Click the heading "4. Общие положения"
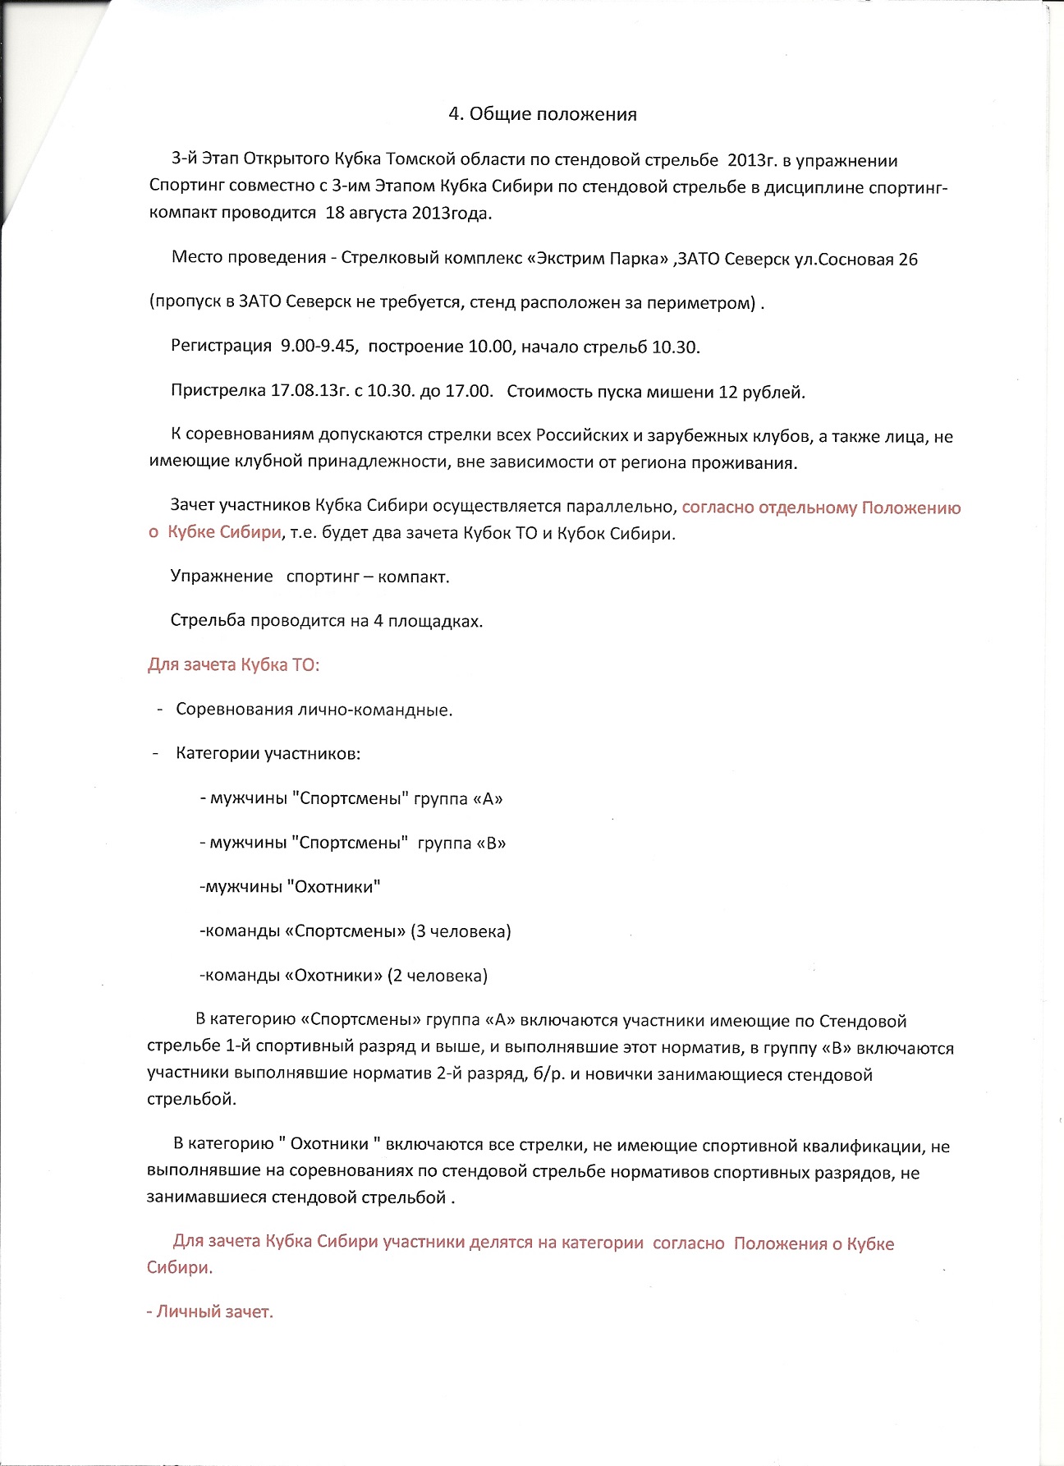[542, 114]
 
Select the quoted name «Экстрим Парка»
[598, 260]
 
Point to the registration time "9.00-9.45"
[319, 347]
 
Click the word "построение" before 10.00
[415, 347]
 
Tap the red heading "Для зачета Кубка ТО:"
[234, 664]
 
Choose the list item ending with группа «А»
[351, 798]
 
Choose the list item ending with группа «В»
[353, 843]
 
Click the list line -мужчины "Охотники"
[291, 887]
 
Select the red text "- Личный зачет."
[210, 1312]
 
